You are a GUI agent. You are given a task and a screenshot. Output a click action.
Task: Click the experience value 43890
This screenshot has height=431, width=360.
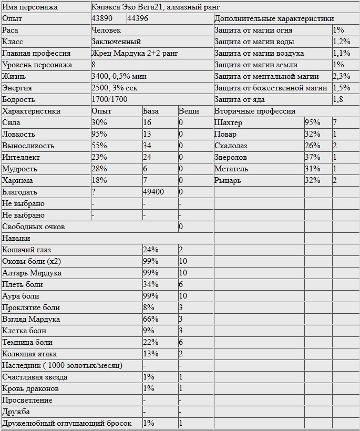pyautogui.click(x=102, y=18)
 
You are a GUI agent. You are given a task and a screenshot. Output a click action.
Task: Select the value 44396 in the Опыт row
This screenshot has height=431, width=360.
pyautogui.click(x=138, y=18)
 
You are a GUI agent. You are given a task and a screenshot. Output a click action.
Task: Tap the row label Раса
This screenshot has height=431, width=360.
pyautogui.click(x=10, y=30)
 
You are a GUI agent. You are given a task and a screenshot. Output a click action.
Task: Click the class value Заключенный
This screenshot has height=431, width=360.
pyautogui.click(x=116, y=42)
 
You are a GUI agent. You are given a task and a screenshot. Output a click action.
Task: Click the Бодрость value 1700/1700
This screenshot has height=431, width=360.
pyautogui.click(x=109, y=99)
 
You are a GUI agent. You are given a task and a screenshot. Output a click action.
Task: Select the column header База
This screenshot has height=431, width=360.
pyautogui.click(x=151, y=111)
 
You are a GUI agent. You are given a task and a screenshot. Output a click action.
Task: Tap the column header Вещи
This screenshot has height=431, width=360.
pyautogui.click(x=189, y=111)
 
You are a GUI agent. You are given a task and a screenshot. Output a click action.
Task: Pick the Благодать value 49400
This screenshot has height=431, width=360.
pyautogui.click(x=153, y=192)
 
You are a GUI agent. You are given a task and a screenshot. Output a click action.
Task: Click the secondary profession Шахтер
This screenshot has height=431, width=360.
pyautogui.click(x=229, y=122)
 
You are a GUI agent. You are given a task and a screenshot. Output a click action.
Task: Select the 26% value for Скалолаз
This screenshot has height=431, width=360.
pyautogui.click(x=312, y=146)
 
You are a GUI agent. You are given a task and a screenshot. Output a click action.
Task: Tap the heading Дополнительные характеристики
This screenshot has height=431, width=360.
pyautogui.click(x=274, y=18)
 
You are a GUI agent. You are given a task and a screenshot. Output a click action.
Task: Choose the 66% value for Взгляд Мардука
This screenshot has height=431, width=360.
pyautogui.click(x=150, y=319)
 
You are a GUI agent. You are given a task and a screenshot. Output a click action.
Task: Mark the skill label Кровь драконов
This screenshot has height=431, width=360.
pyautogui.click(x=30, y=388)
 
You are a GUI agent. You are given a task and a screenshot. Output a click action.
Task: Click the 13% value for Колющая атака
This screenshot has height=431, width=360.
pyautogui.click(x=150, y=354)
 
